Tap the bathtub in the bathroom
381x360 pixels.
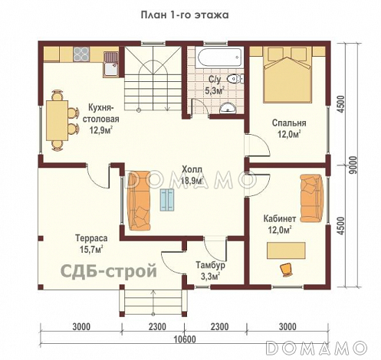pos(217,57)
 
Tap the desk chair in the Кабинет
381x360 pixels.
pos(287,267)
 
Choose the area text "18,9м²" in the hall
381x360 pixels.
pos(192,181)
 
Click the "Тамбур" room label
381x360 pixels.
pos(206,264)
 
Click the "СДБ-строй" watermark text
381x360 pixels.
pos(99,270)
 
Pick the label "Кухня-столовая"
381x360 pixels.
pos(103,114)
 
